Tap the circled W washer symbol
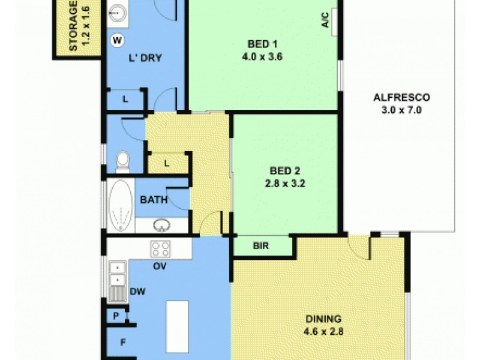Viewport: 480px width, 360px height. [118, 40]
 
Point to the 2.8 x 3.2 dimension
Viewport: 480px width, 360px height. [286, 184]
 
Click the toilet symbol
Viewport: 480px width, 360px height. [122, 161]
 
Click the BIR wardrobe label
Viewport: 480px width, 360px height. [260, 246]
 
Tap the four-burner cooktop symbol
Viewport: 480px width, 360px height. [160, 248]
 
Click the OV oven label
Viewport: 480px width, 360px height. [160, 266]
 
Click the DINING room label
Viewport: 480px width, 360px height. [323, 319]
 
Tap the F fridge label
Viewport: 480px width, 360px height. [123, 343]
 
